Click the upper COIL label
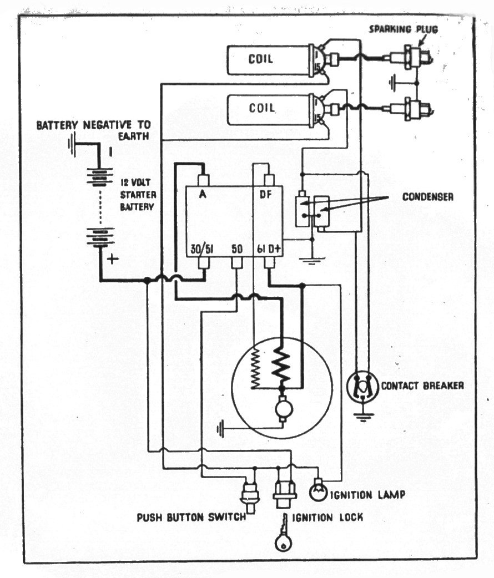(x=260, y=59)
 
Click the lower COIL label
(x=261, y=108)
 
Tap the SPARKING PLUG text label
(x=403, y=29)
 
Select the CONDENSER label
(x=427, y=196)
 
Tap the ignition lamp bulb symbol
(x=318, y=491)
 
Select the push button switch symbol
(x=249, y=496)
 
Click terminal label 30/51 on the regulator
(x=202, y=250)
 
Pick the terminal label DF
(x=266, y=194)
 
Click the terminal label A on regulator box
(x=203, y=194)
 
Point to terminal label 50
(x=237, y=249)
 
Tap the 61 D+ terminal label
(x=269, y=249)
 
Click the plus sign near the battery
(x=113, y=259)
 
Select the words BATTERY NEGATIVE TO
(x=93, y=125)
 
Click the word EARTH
(x=134, y=136)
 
